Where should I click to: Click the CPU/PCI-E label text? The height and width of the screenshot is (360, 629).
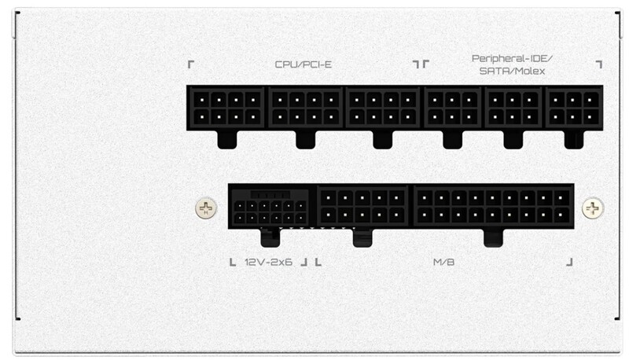303,64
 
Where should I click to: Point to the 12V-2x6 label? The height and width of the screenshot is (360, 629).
270,261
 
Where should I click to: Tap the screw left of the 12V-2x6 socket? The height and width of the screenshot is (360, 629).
204,208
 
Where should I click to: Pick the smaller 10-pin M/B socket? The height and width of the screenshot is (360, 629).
362,206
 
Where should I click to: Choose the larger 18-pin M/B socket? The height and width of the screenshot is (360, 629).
493,206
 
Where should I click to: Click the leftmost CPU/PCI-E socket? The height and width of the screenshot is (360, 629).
227,108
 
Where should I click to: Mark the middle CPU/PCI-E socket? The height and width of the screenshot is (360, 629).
306,108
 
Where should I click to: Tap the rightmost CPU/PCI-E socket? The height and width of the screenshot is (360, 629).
383,108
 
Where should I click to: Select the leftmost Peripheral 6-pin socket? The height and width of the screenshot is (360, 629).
454,108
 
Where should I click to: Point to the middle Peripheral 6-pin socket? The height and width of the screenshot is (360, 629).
514,108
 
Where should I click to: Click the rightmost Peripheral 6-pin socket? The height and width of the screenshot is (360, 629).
574,108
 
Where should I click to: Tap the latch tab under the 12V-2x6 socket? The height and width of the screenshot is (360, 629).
270,236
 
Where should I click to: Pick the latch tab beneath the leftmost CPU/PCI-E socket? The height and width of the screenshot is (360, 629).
227,140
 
